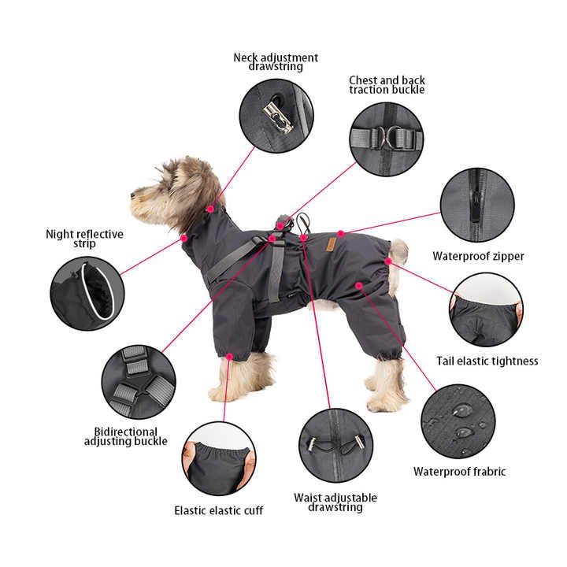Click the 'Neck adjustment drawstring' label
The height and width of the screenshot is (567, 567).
pyautogui.click(x=276, y=62)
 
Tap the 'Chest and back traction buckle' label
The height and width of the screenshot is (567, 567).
pyautogui.click(x=387, y=85)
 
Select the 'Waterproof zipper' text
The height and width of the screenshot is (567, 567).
pyautogui.click(x=478, y=256)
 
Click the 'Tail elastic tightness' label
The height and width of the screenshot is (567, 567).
pyautogui.click(x=487, y=361)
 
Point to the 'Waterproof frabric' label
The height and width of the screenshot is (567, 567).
pyautogui.click(x=460, y=472)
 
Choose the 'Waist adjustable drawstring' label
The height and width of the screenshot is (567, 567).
pyautogui.click(x=335, y=502)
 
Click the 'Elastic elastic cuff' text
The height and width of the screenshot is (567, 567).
pyautogui.click(x=219, y=510)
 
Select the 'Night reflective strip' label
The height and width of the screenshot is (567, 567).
pyautogui.click(x=84, y=239)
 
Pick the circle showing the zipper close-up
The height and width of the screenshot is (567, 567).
pyautogui.click(x=477, y=205)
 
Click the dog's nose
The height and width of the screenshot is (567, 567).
pyautogui.click(x=133, y=191)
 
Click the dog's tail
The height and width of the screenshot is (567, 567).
pyautogui.click(x=399, y=251)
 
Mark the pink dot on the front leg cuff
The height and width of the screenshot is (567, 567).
pyautogui.click(x=228, y=357)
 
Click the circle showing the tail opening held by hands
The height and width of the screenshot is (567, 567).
pyautogui.click(x=486, y=310)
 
